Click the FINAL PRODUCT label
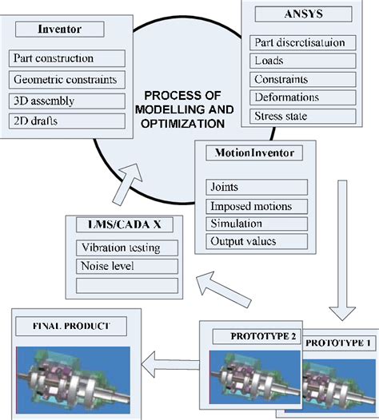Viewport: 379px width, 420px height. coord(70,326)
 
